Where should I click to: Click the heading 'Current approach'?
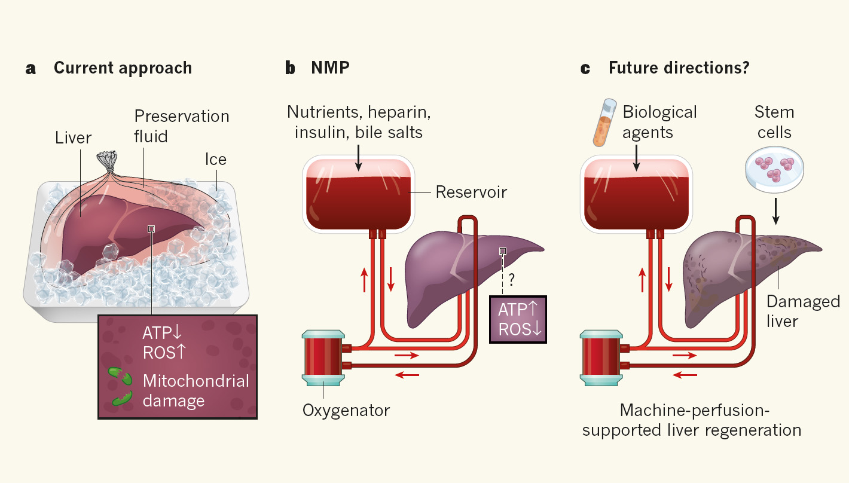pos(123,68)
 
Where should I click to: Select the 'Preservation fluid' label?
pos(181,126)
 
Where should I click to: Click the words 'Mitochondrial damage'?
pos(196,390)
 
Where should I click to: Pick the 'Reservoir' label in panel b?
pos(471,192)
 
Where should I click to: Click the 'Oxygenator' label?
pos(346,411)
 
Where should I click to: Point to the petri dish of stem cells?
pos(775,173)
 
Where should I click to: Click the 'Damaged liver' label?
pos(804,311)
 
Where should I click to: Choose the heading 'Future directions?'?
pos(679,68)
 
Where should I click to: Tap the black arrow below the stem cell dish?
pos(775,211)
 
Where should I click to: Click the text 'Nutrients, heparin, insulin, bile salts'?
pos(359,122)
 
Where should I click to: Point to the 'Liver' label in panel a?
pos(73,138)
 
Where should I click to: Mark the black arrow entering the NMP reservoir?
pos(358,156)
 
